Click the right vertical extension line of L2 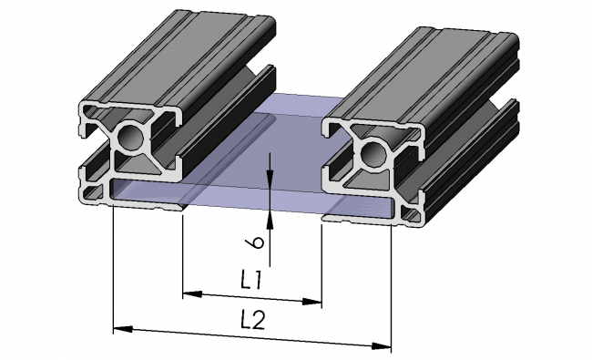[392, 283]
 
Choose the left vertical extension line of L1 [183, 255]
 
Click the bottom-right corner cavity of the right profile [413, 213]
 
